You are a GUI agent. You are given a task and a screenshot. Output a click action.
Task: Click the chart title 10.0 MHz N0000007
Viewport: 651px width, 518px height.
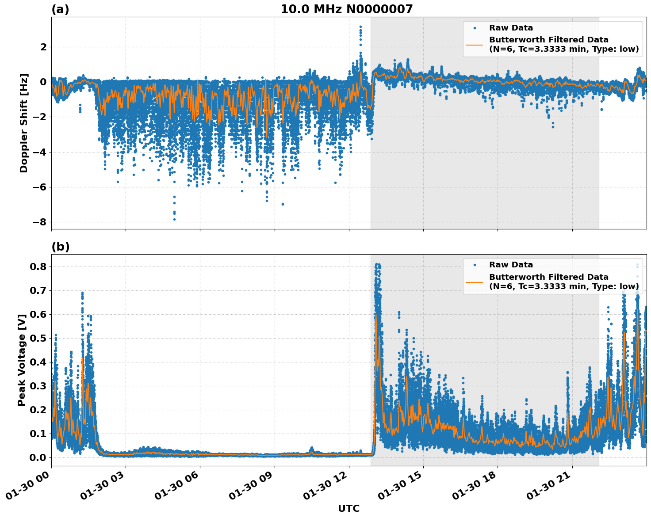(346, 9)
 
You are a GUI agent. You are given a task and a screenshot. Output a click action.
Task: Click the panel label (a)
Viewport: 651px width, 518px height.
(60, 9)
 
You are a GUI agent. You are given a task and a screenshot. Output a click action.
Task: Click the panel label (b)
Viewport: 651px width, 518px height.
(60, 247)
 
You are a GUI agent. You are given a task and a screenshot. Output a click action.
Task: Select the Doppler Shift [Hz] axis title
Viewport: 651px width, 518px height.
(24, 123)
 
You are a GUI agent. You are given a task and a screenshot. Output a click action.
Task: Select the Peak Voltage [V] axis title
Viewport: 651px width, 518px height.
(22, 360)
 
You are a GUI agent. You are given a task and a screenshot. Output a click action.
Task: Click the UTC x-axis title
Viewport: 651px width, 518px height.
(348, 508)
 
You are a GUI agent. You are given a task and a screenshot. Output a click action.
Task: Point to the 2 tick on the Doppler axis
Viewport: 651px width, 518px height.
(43, 47)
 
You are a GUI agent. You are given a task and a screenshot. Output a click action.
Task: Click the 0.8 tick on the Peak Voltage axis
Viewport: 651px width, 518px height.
(38, 267)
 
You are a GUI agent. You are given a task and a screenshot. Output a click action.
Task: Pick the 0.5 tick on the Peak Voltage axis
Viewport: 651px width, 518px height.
(38, 338)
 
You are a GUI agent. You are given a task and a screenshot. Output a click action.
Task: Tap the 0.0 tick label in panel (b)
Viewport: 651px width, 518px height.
(38, 457)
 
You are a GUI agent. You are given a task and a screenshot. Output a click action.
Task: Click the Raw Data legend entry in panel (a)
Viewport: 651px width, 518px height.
(511, 28)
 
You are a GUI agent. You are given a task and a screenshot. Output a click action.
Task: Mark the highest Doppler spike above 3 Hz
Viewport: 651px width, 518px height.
(360, 27)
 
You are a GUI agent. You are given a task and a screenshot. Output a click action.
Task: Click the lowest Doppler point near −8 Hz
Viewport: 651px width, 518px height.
(174, 219)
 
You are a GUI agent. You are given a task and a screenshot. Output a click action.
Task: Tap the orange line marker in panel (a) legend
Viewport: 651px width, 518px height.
(475, 45)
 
